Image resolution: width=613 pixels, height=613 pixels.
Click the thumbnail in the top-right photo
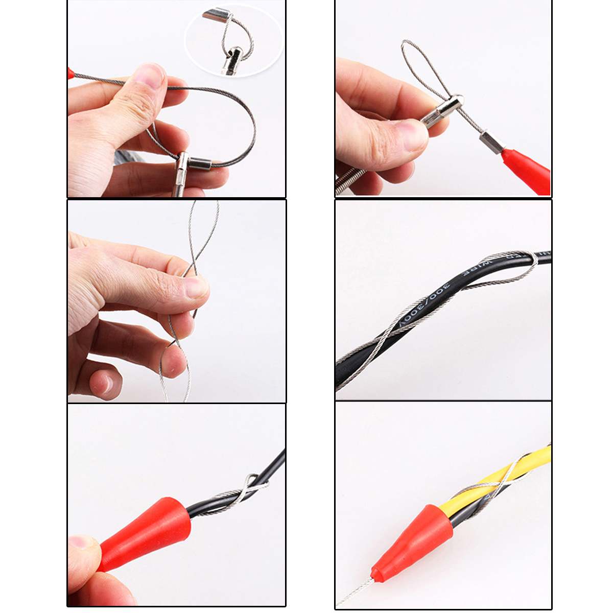click(x=414, y=133)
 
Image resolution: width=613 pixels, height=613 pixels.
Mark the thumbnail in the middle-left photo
click(x=196, y=286)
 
